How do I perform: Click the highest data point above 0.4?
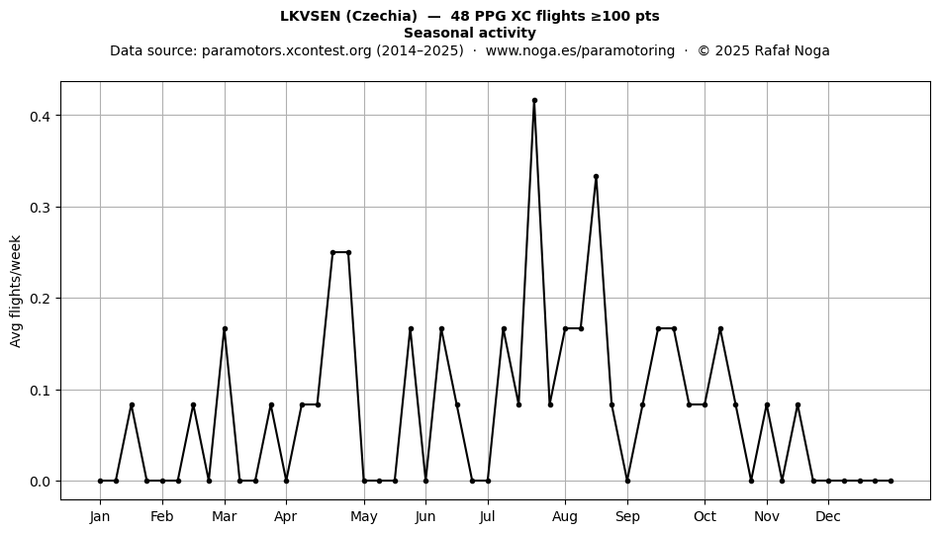click(x=534, y=101)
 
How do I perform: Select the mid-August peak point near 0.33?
click(x=596, y=177)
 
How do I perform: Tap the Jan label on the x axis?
click(x=100, y=517)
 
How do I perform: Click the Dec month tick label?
click(x=828, y=517)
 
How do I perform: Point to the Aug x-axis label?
click(x=565, y=517)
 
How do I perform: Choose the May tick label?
click(x=364, y=517)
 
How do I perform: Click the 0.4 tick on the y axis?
click(x=40, y=116)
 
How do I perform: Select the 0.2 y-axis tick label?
click(x=40, y=299)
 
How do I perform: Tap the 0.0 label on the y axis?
click(x=40, y=482)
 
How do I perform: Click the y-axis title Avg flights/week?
click(x=16, y=291)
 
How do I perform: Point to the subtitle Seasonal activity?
click(x=470, y=33)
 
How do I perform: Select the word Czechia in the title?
click(x=383, y=16)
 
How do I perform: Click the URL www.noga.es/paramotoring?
click(x=580, y=50)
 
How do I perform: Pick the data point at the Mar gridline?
click(x=225, y=328)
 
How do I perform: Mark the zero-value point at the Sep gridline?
click(x=627, y=481)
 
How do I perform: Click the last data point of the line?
click(x=891, y=481)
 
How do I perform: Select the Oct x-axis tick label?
click(x=705, y=517)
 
